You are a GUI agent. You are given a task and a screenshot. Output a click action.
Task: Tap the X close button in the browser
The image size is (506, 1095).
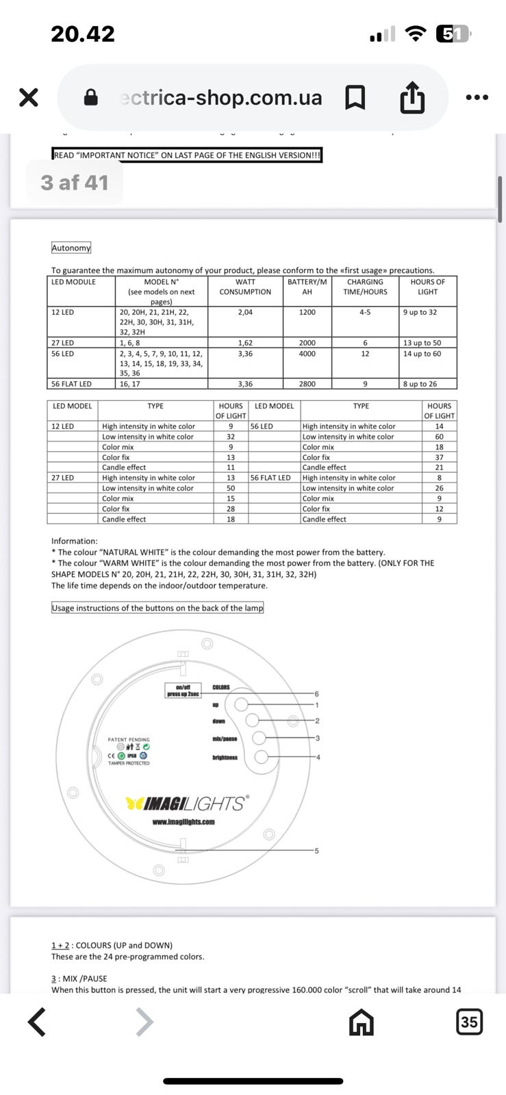click(28, 97)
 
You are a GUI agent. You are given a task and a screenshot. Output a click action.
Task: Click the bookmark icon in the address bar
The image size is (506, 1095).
click(355, 97)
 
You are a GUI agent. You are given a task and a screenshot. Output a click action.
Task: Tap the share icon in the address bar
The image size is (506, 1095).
click(412, 97)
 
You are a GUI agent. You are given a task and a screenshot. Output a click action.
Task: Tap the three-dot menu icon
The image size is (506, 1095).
click(477, 97)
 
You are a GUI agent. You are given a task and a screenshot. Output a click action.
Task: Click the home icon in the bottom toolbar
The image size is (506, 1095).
click(361, 1022)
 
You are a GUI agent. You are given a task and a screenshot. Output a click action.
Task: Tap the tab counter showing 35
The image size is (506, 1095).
click(469, 1022)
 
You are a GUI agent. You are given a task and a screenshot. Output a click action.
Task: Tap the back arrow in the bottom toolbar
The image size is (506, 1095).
click(37, 1022)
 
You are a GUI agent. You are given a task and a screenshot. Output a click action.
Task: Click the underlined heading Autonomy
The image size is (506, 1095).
click(71, 248)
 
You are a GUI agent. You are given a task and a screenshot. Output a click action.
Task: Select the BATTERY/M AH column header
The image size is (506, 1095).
click(307, 287)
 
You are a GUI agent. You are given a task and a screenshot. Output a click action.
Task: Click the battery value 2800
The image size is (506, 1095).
click(307, 384)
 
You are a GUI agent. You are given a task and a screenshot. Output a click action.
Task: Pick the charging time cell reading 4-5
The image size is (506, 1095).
click(365, 312)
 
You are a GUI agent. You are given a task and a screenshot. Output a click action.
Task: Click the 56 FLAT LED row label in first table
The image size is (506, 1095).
click(71, 384)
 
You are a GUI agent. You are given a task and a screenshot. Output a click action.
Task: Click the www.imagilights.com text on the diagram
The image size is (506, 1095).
click(184, 822)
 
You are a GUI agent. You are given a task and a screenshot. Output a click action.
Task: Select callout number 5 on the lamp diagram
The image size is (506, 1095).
click(316, 851)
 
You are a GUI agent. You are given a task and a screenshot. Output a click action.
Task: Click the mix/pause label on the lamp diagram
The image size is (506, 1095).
click(225, 738)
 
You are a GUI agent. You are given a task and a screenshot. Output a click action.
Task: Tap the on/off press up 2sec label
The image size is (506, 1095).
click(183, 691)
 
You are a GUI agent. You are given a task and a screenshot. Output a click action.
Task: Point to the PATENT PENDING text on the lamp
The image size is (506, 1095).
click(129, 739)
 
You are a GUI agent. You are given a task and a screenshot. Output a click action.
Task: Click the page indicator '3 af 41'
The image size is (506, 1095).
click(75, 183)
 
